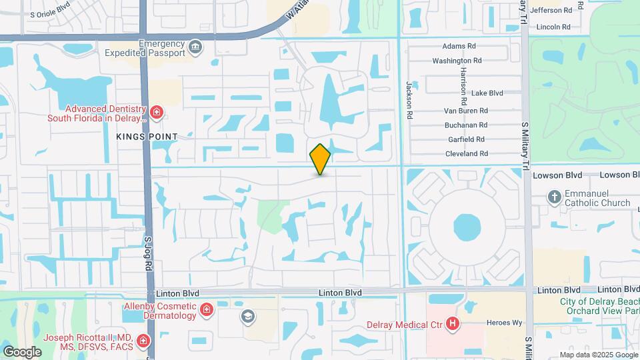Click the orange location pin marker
[320, 159]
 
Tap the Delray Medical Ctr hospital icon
[453, 325]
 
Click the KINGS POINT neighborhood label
[147, 137]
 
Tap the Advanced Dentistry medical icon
[157, 112]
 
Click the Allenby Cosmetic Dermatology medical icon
[207, 309]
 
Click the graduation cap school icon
[248, 316]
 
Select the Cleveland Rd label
[466, 153]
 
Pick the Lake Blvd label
[487, 93]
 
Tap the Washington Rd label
[457, 61]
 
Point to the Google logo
[22, 351]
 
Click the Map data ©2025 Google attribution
[597, 355]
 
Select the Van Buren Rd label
[466, 111]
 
